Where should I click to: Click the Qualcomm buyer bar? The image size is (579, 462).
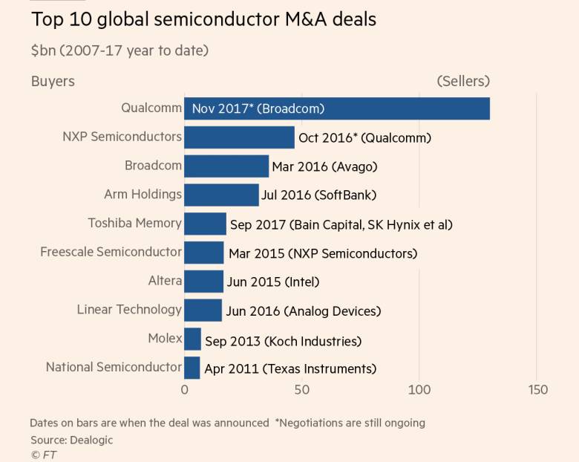click(336, 108)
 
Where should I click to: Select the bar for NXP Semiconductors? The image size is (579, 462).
click(239, 137)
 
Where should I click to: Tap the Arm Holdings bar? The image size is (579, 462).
click(221, 195)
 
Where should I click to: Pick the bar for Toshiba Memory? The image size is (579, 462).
click(205, 224)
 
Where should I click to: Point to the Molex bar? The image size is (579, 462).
click(192, 339)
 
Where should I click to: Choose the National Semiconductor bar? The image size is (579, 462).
click(192, 368)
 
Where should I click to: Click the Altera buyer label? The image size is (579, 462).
click(165, 281)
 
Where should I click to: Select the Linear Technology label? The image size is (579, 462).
click(129, 310)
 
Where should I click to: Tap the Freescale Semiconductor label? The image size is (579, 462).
click(111, 252)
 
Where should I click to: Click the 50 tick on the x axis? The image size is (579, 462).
click(301, 390)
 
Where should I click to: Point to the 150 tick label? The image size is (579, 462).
click(537, 390)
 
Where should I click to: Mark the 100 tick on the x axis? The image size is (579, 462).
click(419, 390)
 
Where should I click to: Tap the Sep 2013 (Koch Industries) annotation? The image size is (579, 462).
click(283, 341)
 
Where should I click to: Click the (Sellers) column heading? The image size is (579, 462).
click(463, 81)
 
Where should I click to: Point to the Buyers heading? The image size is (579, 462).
click(53, 81)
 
